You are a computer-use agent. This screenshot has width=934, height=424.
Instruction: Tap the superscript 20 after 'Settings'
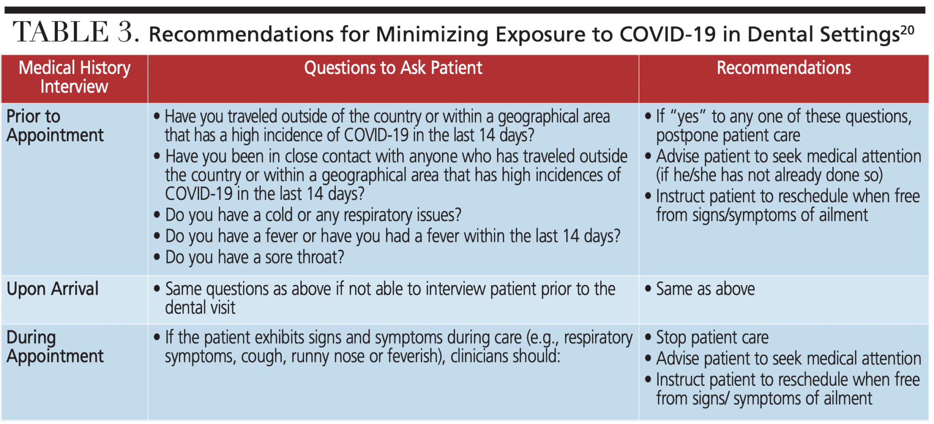[x=907, y=31]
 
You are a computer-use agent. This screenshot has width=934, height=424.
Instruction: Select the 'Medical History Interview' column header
[x=74, y=77]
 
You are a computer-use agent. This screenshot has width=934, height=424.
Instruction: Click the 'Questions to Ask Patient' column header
[x=393, y=68]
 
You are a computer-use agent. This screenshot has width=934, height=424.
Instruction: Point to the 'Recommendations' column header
[x=784, y=68]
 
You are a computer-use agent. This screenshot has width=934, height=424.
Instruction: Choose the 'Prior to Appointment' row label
[x=55, y=126]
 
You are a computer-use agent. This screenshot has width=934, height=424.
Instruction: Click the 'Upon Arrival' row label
[x=52, y=289]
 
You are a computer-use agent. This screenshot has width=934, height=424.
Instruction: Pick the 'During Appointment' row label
[x=55, y=347]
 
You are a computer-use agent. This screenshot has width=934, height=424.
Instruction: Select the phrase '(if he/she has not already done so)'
[x=769, y=175]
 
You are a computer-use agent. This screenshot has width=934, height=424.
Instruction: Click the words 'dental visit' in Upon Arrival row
[x=200, y=308]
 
